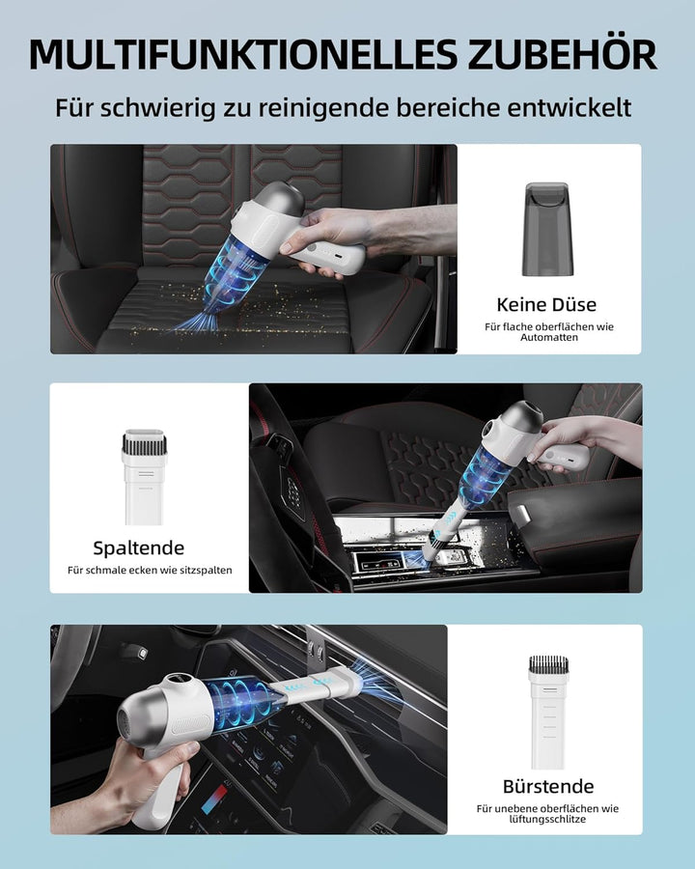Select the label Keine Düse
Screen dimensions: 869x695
pyautogui.click(x=546, y=305)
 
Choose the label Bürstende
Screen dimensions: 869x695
pyautogui.click(x=548, y=786)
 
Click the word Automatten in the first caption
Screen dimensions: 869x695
pyautogui.click(x=548, y=340)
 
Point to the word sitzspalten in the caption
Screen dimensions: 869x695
pyautogui.click(x=199, y=571)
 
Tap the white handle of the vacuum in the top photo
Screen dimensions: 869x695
pyautogui.click(x=333, y=257)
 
